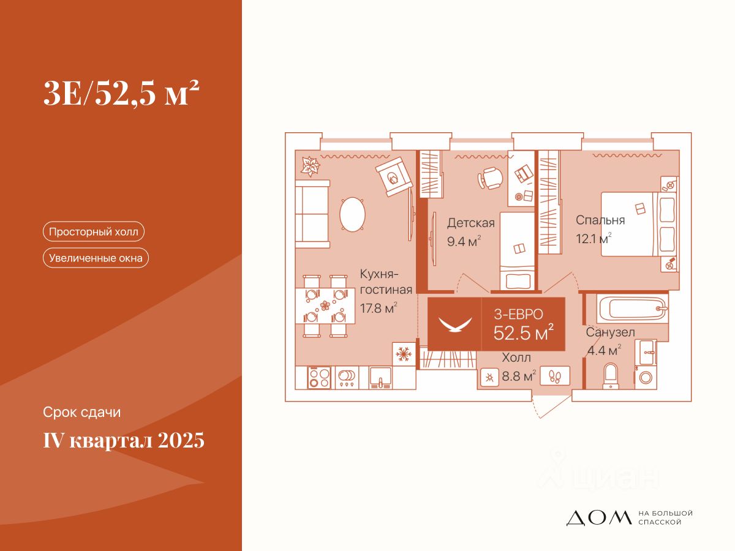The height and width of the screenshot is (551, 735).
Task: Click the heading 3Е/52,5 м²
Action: tap(121, 94)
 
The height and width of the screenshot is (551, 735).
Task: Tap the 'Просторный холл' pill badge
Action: tap(93, 232)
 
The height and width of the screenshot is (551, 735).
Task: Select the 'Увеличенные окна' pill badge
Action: tap(96, 258)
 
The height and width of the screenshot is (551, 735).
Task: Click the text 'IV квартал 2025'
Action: tap(123, 440)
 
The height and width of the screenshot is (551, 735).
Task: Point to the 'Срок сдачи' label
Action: tap(82, 413)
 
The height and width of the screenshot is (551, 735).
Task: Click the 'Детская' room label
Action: tap(470, 223)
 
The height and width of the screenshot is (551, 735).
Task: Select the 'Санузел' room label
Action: tap(610, 332)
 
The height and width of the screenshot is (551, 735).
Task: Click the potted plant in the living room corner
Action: tap(310, 165)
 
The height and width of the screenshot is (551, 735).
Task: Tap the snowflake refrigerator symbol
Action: tap(403, 354)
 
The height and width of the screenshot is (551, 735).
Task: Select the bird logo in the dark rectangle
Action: tap(454, 324)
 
